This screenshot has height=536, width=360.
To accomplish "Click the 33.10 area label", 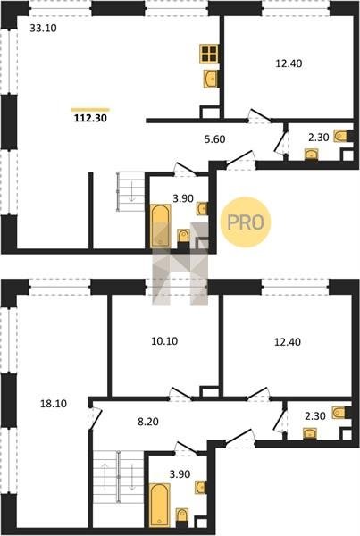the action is click(x=43, y=28).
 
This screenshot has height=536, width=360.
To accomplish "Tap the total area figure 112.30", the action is click(x=90, y=118).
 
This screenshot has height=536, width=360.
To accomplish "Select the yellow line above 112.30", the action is click(x=90, y=110).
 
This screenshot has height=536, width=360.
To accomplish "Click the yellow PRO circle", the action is click(x=246, y=222).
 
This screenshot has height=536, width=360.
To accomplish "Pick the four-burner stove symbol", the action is click(x=209, y=54).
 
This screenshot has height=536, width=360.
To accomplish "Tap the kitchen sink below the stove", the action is click(x=211, y=79).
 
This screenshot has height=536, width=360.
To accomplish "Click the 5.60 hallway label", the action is click(x=214, y=139).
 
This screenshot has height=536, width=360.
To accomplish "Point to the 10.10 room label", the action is click(x=164, y=341).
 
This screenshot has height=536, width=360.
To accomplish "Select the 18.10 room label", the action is click(x=54, y=404).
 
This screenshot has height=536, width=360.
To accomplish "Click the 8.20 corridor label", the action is click(x=148, y=422).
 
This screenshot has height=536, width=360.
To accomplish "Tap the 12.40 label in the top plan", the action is click(x=289, y=63).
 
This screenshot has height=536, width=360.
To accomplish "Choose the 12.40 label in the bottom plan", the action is click(x=288, y=342).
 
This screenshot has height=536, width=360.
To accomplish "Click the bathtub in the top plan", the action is click(x=160, y=226).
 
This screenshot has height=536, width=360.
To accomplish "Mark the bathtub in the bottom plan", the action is click(x=160, y=505).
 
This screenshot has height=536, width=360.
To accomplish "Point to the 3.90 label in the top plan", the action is click(x=183, y=198).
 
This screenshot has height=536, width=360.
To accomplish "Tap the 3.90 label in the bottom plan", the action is click(x=180, y=474).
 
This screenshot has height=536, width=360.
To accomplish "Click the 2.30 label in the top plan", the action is click(x=319, y=138).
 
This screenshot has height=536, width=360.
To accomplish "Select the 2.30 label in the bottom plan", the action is click(x=315, y=416).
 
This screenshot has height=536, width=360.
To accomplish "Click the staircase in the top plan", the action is click(x=130, y=192).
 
